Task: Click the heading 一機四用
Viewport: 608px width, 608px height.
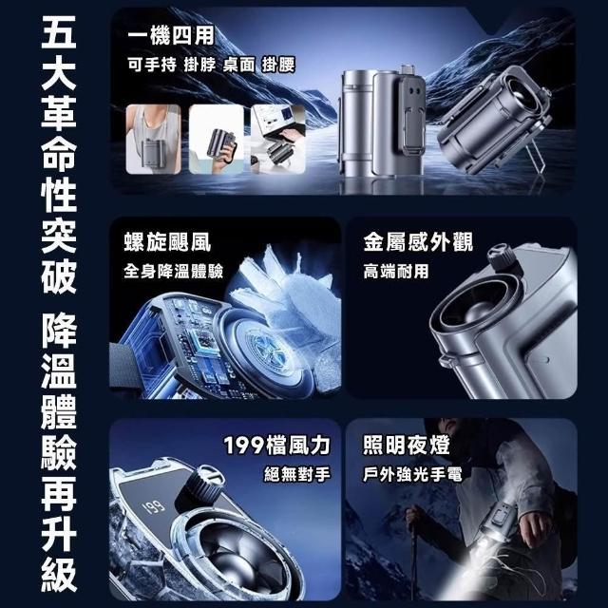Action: [171, 36]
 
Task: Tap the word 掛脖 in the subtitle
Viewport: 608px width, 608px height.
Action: [199, 65]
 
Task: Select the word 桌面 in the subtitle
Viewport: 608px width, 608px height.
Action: [238, 65]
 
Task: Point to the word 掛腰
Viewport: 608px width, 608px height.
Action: [278, 65]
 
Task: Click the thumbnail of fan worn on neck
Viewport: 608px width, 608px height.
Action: [154, 140]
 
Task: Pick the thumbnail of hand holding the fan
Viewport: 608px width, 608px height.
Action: [217, 140]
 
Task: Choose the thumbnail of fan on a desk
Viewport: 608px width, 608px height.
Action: [278, 140]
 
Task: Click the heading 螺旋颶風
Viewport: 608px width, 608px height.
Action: [167, 242]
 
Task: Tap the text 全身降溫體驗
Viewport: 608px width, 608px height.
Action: [173, 271]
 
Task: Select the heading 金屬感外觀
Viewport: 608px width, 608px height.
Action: [418, 242]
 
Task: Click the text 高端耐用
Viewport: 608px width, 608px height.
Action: [396, 271]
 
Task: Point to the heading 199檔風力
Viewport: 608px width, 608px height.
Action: [276, 446]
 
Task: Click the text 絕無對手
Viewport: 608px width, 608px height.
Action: [297, 474]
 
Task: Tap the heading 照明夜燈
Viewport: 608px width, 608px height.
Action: [407, 445]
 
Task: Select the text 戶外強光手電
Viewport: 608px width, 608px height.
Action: [412, 474]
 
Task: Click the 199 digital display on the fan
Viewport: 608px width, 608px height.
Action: [154, 506]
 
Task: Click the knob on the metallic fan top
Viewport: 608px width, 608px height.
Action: [502, 257]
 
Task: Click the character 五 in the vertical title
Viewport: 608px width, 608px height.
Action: [59, 31]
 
